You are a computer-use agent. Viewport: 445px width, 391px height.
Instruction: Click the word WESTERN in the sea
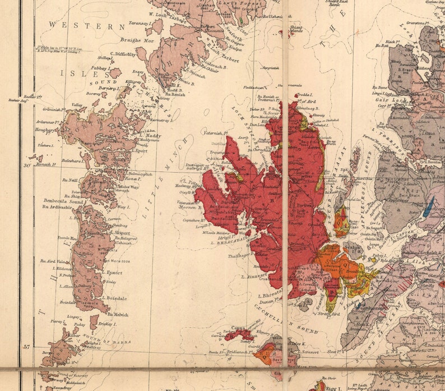(86, 26)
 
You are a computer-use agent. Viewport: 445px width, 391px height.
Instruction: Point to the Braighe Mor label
(137, 40)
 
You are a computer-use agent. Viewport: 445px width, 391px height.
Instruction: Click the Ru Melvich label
(118, 315)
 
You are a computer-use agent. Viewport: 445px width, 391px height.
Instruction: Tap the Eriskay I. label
(108, 324)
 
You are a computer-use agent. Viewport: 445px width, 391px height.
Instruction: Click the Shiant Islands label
(296, 29)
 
